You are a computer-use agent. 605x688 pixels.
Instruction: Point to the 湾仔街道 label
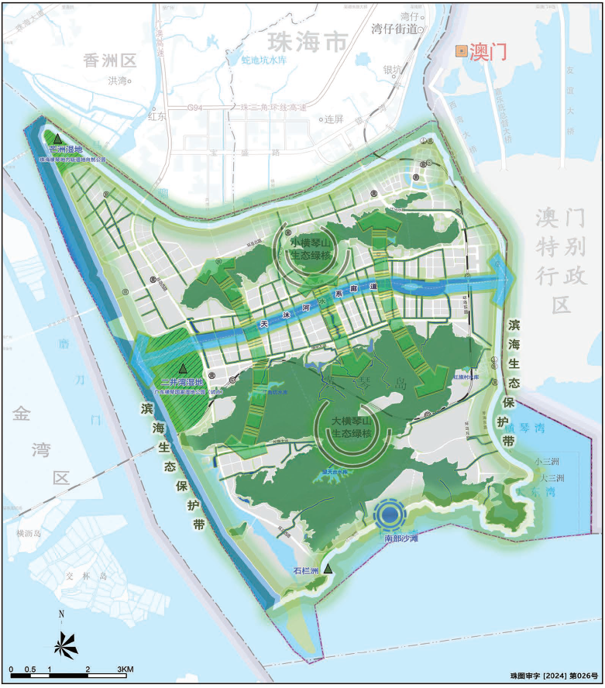point(394,29)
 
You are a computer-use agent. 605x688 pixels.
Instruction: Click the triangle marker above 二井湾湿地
point(183,368)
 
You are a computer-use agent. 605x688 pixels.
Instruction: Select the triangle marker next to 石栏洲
point(328,569)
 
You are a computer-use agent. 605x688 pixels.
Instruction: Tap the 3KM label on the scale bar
point(125,669)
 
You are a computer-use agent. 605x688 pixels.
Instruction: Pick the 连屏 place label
point(333,119)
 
